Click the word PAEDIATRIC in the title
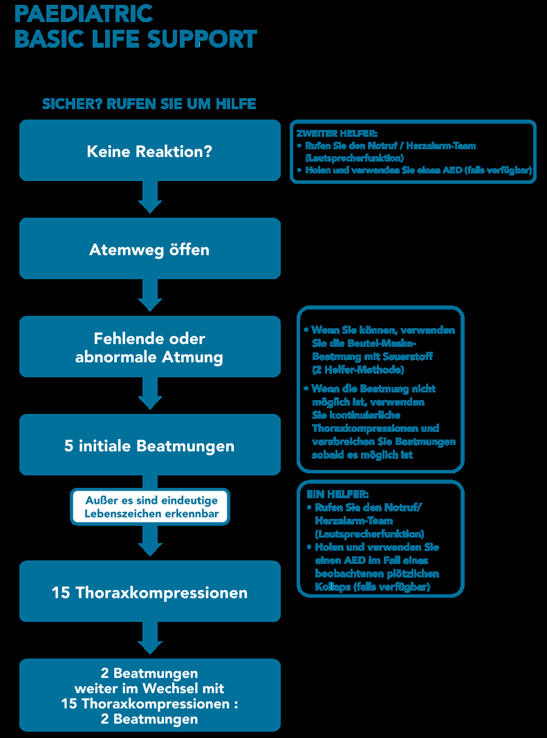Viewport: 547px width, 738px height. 84,13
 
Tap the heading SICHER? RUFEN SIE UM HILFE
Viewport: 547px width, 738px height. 149,104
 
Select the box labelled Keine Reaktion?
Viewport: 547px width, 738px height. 149,151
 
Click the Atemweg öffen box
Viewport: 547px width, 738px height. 149,249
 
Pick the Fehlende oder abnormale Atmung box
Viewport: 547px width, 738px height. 149,348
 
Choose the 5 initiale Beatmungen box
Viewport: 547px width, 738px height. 149,446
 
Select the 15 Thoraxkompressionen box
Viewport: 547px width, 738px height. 149,592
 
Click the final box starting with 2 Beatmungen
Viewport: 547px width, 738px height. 149,695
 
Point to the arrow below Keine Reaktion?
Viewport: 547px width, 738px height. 150,199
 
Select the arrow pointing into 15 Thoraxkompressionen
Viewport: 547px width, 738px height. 150,542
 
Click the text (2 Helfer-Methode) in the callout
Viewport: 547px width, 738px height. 358,370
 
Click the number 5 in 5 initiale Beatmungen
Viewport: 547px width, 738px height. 68,446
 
